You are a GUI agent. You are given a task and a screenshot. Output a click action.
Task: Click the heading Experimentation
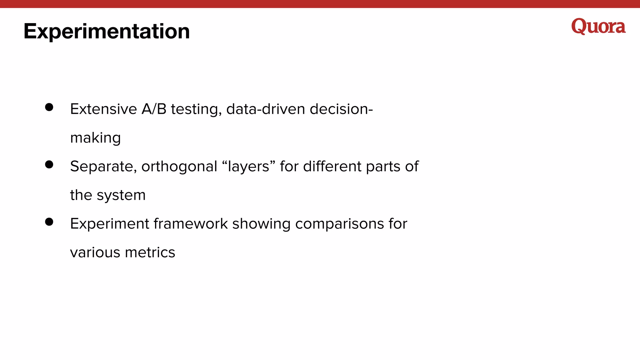pyautogui.click(x=107, y=31)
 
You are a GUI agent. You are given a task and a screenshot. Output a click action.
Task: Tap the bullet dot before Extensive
pyautogui.click(x=49, y=107)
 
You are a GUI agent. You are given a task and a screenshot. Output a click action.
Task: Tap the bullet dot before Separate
pyautogui.click(x=49, y=164)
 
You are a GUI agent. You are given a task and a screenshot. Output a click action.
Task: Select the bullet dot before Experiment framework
pyautogui.click(x=49, y=222)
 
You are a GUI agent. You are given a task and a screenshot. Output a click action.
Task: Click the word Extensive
pyautogui.click(x=103, y=109)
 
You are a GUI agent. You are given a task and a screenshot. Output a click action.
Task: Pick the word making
pyautogui.click(x=95, y=138)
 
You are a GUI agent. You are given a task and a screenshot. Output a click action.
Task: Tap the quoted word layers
pyautogui.click(x=248, y=167)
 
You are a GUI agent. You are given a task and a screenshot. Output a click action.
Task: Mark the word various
pyautogui.click(x=95, y=252)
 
